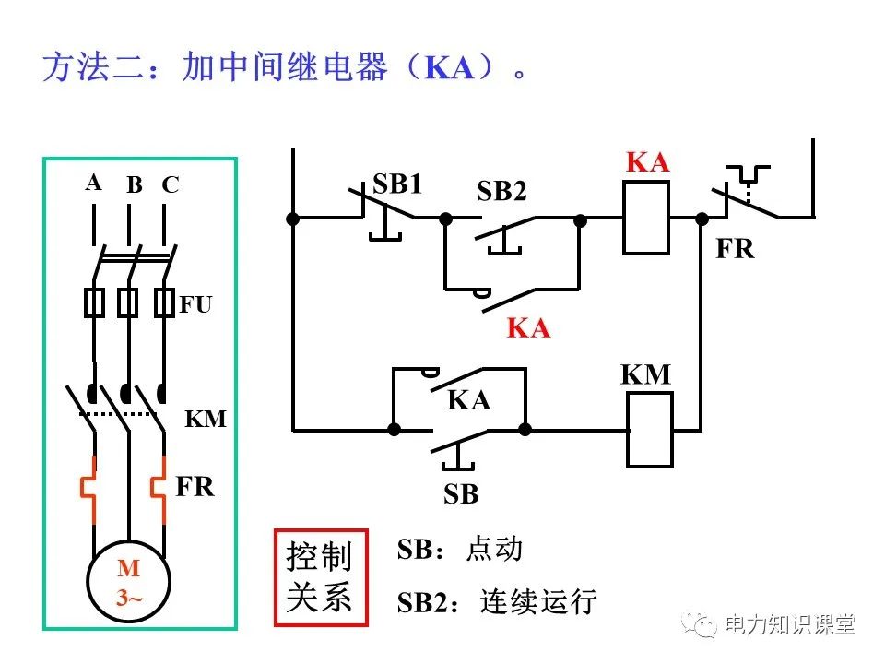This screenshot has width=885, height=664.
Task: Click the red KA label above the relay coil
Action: (x=647, y=163)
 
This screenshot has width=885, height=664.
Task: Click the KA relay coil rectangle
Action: (x=645, y=218)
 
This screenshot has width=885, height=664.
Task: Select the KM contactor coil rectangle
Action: (x=651, y=429)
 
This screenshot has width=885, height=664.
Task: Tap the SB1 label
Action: (x=397, y=184)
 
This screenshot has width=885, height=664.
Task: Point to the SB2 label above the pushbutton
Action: (x=501, y=192)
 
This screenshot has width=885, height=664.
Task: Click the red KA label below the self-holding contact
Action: (x=528, y=328)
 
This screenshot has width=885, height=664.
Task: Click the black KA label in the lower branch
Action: (x=468, y=400)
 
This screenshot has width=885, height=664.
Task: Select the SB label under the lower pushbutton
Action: (x=461, y=494)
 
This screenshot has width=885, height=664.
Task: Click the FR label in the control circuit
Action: (x=735, y=249)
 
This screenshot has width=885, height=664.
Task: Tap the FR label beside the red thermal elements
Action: (x=195, y=487)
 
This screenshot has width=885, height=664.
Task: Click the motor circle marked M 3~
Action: (x=128, y=582)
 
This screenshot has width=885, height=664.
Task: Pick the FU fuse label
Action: (x=195, y=304)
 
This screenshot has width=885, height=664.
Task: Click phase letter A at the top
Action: (x=93, y=183)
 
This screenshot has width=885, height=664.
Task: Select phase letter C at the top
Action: (x=170, y=185)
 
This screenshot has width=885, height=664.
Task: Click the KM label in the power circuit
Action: (x=206, y=420)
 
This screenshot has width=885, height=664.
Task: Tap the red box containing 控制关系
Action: (x=320, y=577)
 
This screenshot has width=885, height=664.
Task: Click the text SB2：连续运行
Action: (x=497, y=602)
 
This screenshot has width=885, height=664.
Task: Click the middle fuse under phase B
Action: (x=128, y=302)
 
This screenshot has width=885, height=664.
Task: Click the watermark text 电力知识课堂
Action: (x=790, y=624)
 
